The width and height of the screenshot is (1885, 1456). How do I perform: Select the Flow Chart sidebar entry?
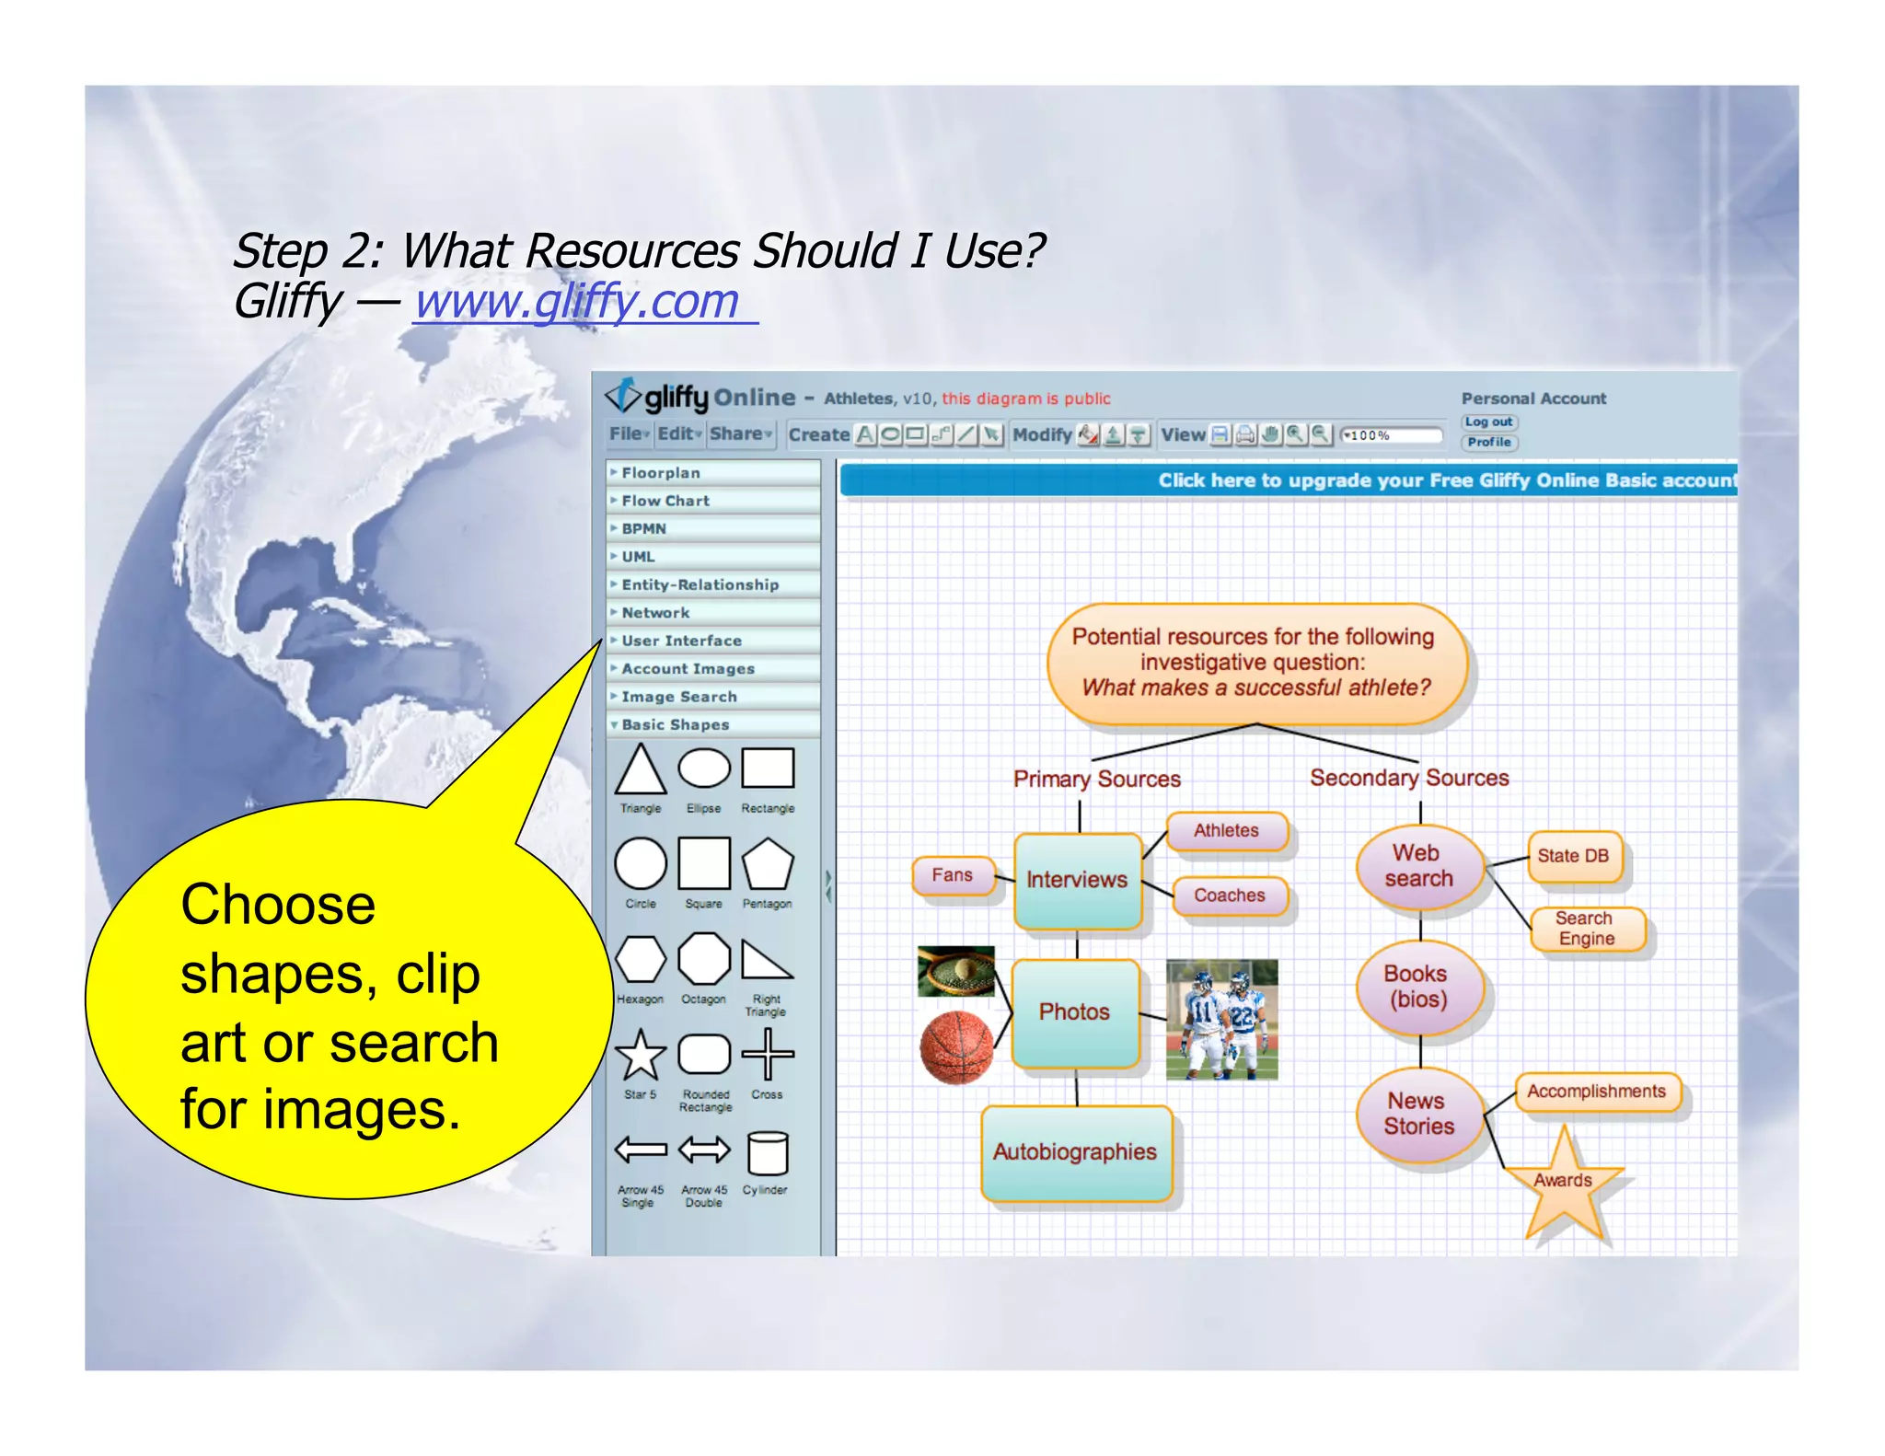(665, 501)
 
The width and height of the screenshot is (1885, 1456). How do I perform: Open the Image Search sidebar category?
(678, 697)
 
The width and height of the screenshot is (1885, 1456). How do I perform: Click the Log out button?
(1488, 422)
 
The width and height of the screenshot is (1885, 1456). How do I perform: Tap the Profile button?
(1488, 443)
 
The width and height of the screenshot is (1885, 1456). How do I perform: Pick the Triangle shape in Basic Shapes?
(641, 770)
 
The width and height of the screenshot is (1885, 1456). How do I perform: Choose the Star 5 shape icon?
(641, 1055)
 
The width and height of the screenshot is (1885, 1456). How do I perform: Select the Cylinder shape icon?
(767, 1152)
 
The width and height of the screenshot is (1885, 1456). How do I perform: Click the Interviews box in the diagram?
(1077, 881)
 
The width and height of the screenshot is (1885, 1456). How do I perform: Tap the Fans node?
(953, 875)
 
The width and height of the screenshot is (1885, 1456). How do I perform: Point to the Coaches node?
(1229, 896)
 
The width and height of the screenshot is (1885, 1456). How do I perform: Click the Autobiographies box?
(1075, 1152)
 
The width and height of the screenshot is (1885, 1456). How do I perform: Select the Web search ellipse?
(1418, 866)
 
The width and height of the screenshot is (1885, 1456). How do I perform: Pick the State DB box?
(1573, 856)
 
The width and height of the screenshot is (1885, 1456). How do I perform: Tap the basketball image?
(957, 1047)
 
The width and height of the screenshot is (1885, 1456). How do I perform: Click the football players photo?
(1221, 1019)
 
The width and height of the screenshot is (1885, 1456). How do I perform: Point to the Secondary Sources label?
(1409, 779)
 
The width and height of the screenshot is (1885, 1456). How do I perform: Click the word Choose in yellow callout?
(278, 905)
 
